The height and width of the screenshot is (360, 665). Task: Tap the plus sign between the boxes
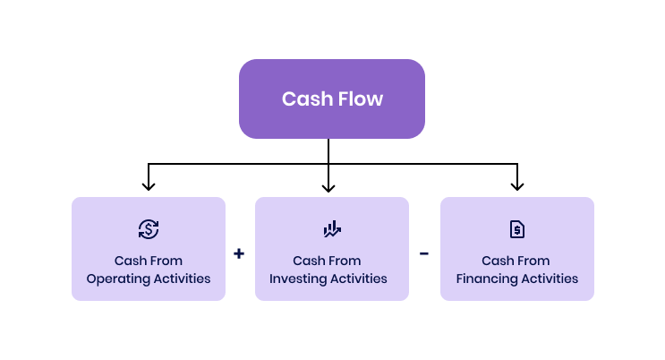(239, 253)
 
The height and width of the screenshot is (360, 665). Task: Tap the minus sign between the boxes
(424, 253)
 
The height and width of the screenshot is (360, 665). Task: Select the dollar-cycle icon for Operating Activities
(149, 229)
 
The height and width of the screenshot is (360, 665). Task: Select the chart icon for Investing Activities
(332, 229)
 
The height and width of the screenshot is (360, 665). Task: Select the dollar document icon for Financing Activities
(516, 229)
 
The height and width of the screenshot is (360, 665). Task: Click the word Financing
(487, 279)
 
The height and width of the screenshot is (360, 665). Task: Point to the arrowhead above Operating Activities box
(149, 185)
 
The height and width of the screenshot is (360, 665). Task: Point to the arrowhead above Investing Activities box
(328, 185)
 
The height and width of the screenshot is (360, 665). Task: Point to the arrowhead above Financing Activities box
(516, 185)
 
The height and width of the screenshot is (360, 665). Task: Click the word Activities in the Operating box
(181, 279)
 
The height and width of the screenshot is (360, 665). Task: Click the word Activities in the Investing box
(360, 279)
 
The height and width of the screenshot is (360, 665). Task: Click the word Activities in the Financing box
(550, 279)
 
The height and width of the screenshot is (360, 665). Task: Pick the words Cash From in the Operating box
(149, 261)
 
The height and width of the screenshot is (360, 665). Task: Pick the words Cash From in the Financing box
(516, 261)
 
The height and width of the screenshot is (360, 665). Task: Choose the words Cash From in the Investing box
(328, 261)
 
